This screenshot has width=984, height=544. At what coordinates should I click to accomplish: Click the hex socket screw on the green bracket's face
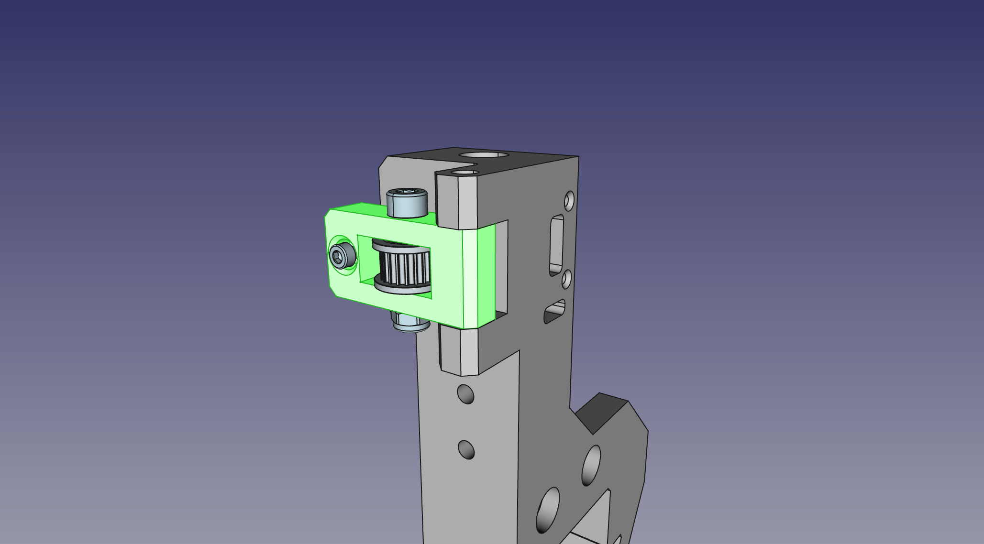click(342, 256)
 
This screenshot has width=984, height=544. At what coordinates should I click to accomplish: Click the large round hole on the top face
click(483, 155)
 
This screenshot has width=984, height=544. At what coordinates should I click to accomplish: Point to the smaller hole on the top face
click(465, 172)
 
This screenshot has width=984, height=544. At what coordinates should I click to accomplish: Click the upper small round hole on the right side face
click(569, 201)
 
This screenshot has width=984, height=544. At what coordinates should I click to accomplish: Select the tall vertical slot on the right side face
click(557, 245)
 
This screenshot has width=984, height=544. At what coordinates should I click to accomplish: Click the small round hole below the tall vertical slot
click(566, 279)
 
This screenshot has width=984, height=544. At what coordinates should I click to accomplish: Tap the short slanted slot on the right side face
click(555, 312)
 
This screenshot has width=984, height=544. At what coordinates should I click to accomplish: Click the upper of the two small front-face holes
click(465, 394)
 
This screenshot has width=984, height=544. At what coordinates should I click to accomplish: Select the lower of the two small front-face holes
click(466, 450)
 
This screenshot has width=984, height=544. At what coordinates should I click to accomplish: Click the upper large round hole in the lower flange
click(591, 465)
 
